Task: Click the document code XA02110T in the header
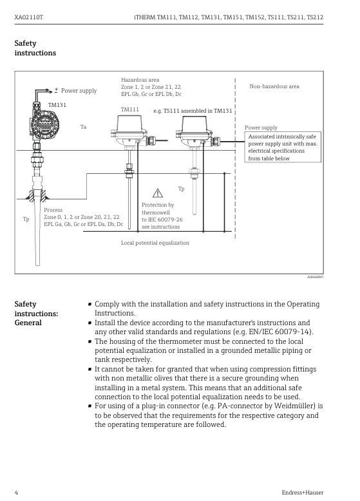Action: (29, 17)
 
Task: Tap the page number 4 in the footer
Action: (16, 493)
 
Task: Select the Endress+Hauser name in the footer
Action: (303, 493)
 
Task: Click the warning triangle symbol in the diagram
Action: (158, 193)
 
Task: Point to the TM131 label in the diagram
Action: (57, 105)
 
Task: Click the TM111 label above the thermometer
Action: (130, 109)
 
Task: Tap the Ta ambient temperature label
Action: (83, 127)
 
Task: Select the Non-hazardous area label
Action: (274, 86)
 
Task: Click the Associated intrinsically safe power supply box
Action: (283, 147)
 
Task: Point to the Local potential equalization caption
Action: (155, 243)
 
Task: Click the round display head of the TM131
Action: (46, 125)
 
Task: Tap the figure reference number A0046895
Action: (316, 277)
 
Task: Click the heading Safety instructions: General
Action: (37, 313)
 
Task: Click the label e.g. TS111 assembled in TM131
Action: (193, 111)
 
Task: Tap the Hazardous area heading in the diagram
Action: (140, 80)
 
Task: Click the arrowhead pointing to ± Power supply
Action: (50, 91)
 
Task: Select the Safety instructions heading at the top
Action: (35, 48)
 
